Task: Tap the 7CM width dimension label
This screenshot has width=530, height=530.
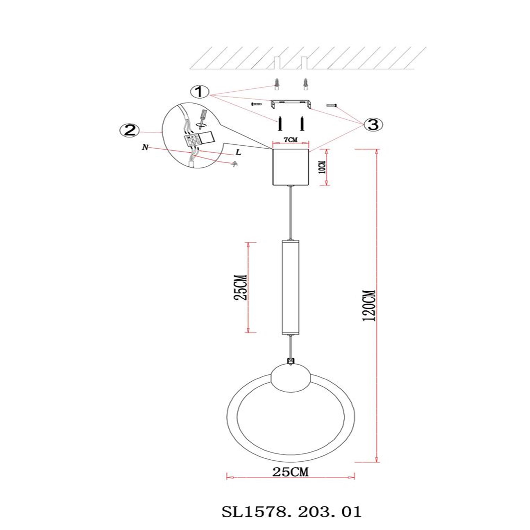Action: tap(290, 140)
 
